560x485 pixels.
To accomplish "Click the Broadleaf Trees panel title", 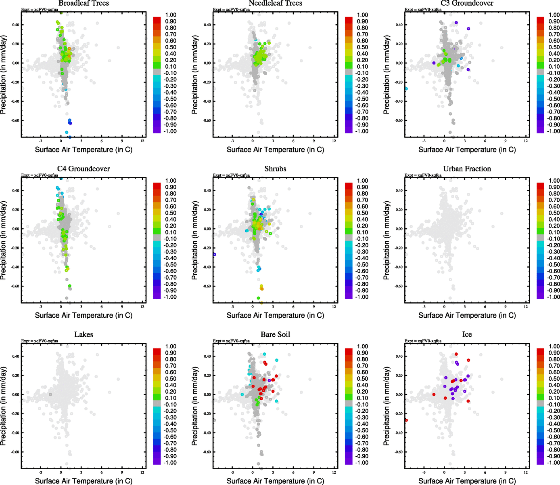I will [84, 3].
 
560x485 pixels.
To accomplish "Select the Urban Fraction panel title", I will [467, 169].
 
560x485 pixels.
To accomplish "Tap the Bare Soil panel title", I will [275, 335].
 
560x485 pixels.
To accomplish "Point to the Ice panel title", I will [467, 335].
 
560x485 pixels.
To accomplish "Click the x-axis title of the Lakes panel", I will [84, 481].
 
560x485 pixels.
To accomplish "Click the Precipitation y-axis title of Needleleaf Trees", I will [195, 74].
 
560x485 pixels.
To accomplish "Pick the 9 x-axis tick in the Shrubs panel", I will [313, 307].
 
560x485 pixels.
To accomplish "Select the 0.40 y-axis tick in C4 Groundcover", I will [16, 190].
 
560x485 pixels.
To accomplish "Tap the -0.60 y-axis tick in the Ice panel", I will [398, 452].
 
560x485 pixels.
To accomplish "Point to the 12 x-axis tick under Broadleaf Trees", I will [142, 141].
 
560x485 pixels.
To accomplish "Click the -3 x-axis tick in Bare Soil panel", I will [232, 472].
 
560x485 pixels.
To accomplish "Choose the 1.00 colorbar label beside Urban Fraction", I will [554, 181].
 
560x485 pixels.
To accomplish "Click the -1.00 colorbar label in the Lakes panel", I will [171, 463].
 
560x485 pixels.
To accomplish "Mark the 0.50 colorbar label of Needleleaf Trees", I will [362, 47].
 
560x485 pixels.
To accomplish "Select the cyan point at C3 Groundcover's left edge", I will [406, 89].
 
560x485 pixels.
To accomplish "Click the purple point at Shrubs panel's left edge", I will [214, 254].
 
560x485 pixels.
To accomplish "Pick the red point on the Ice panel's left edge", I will [406, 420].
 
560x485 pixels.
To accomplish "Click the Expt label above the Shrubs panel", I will [231, 175].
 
